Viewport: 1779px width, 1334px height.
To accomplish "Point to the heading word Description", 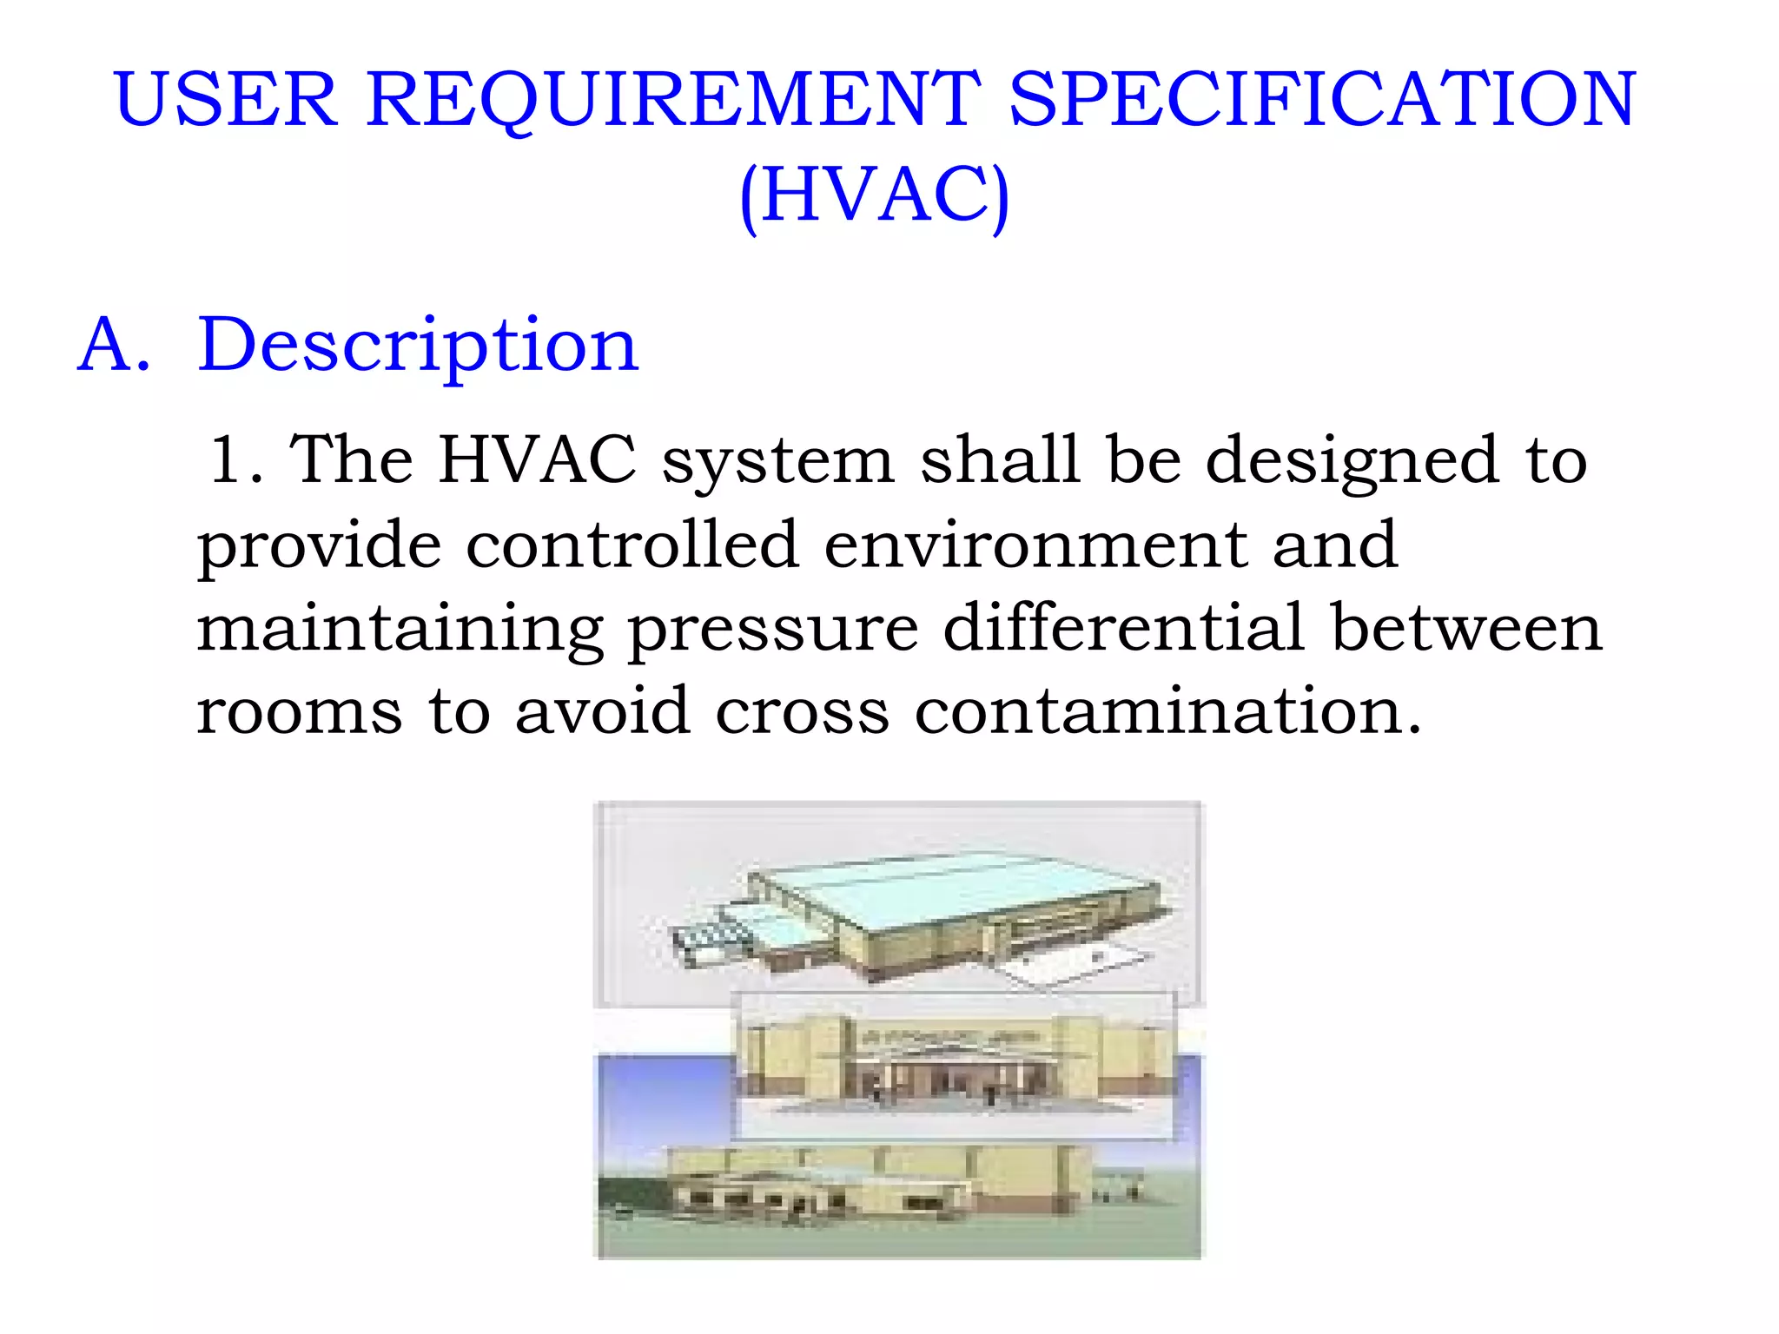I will click(418, 347).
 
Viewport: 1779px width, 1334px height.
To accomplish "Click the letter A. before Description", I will click(114, 345).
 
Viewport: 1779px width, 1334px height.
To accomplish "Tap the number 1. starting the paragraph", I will click(235, 459).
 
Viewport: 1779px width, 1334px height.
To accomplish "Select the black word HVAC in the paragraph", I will click(538, 459).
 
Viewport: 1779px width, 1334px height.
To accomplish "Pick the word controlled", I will click(632, 545).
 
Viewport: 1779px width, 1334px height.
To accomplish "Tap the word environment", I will click(1035, 545).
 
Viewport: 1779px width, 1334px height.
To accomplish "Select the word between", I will click(1466, 627).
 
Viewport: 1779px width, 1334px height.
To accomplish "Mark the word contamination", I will click(1167, 710).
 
